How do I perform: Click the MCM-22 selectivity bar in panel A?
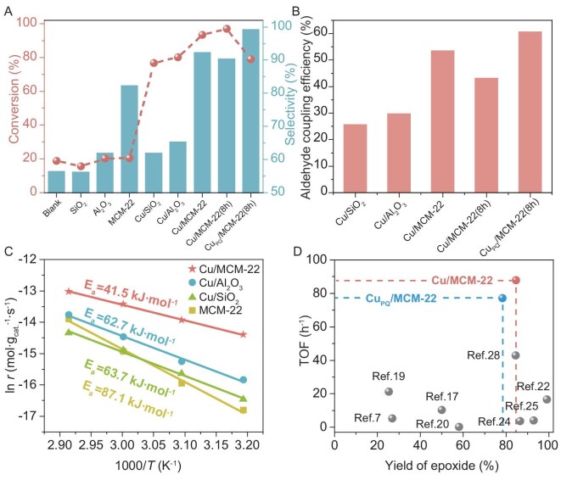pyautogui.click(x=129, y=139)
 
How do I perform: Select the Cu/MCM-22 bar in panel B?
pyautogui.click(x=442, y=121)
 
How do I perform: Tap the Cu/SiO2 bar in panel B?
pyautogui.click(x=355, y=159)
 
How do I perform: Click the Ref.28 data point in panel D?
pyautogui.click(x=515, y=355)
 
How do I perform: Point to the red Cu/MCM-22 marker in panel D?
pyautogui.click(x=515, y=280)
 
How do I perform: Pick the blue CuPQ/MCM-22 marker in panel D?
pyautogui.click(x=502, y=298)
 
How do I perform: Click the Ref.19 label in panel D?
pyautogui.click(x=388, y=377)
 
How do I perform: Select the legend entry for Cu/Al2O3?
pyautogui.click(x=216, y=283)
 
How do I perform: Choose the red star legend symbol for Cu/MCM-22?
pyautogui.click(x=193, y=269)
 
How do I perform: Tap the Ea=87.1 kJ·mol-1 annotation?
pyautogui.click(x=128, y=399)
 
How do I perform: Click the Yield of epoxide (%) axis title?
pyautogui.click(x=441, y=466)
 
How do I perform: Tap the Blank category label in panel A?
pyautogui.click(x=53, y=208)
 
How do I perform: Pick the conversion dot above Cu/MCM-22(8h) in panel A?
pyautogui.click(x=227, y=29)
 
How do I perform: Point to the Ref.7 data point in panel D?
pyautogui.click(x=392, y=418)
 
